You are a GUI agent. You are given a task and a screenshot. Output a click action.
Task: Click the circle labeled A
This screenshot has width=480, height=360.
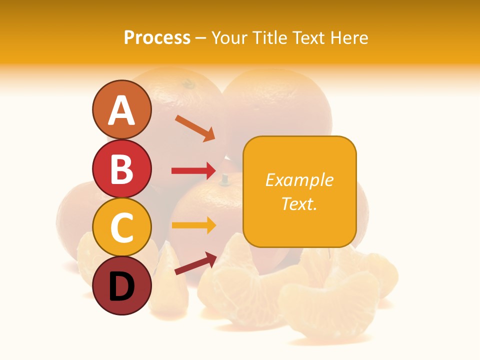pos(121,109)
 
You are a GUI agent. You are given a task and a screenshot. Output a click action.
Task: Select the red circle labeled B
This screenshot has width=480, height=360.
pos(121,168)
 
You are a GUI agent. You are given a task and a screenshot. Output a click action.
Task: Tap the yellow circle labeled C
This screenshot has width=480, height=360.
pos(121,227)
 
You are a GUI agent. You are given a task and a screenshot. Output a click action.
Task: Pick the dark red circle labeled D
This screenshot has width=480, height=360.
pos(121,285)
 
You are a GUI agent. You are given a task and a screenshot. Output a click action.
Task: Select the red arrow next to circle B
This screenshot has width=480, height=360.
pos(193,170)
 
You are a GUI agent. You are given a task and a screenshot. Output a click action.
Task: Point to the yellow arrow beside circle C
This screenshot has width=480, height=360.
pos(193,225)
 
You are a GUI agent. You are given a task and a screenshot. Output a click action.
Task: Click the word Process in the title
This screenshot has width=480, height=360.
pos(157,37)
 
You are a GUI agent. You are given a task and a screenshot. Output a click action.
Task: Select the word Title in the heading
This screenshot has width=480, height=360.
pos(272,37)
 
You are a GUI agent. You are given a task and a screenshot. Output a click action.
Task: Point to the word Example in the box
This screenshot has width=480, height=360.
pos(299,180)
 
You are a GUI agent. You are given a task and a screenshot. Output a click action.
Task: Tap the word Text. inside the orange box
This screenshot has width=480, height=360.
pos(299,203)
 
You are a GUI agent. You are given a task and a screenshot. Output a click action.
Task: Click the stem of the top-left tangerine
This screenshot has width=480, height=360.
pos(188,83)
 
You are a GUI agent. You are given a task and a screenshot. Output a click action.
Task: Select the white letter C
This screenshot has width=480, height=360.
pos(121,227)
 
